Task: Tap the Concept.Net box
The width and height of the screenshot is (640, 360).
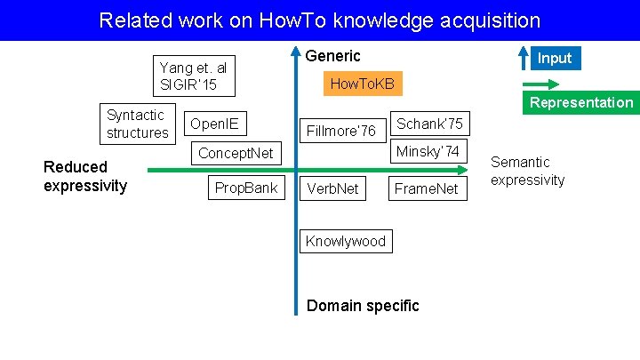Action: tap(236, 153)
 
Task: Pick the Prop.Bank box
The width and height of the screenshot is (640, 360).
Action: tap(246, 188)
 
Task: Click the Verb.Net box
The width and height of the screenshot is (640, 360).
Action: tap(332, 188)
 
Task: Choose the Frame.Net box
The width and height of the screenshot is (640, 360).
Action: tap(427, 188)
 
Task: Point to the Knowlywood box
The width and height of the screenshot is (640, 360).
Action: tap(346, 241)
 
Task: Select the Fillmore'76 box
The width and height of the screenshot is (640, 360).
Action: tap(340, 131)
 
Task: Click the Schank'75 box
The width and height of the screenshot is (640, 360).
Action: tap(429, 124)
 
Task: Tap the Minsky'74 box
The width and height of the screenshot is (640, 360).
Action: tap(428, 152)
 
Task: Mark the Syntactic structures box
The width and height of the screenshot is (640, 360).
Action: tap(137, 124)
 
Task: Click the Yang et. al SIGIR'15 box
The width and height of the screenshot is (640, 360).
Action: tap(194, 76)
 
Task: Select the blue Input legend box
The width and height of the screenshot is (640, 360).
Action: tap(555, 58)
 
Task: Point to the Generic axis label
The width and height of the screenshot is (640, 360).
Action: tap(332, 56)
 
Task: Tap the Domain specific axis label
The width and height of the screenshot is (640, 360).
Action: tap(363, 306)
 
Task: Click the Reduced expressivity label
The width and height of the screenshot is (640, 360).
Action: tap(85, 176)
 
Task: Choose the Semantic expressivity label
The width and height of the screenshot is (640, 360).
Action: tap(527, 171)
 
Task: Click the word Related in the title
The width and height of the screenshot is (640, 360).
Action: tap(130, 20)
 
